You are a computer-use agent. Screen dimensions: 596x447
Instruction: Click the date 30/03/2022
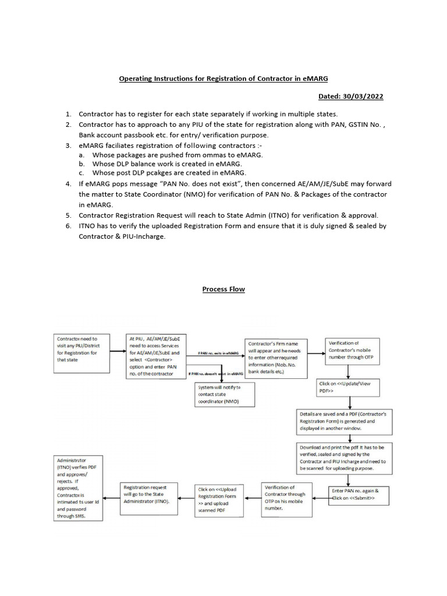point(364,96)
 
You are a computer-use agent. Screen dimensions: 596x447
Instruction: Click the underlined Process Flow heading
point(223,289)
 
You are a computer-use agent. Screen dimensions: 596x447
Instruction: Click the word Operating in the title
point(137,78)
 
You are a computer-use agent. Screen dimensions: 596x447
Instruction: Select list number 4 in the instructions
point(68,183)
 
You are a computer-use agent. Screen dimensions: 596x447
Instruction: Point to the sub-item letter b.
point(83,164)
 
